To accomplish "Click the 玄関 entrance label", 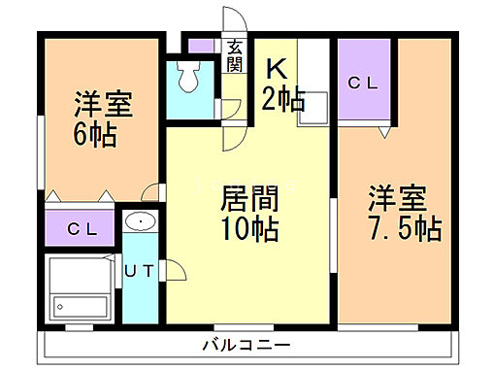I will [236, 55].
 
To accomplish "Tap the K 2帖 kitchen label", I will [282, 84].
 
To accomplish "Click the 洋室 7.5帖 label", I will [402, 215].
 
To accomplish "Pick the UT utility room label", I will [138, 271].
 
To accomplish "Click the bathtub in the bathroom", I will [81, 286].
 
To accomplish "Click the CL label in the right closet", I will [363, 84].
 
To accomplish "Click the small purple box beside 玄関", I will [201, 46].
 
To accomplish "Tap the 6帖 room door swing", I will [150, 191].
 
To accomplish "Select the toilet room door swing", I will [231, 109].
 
